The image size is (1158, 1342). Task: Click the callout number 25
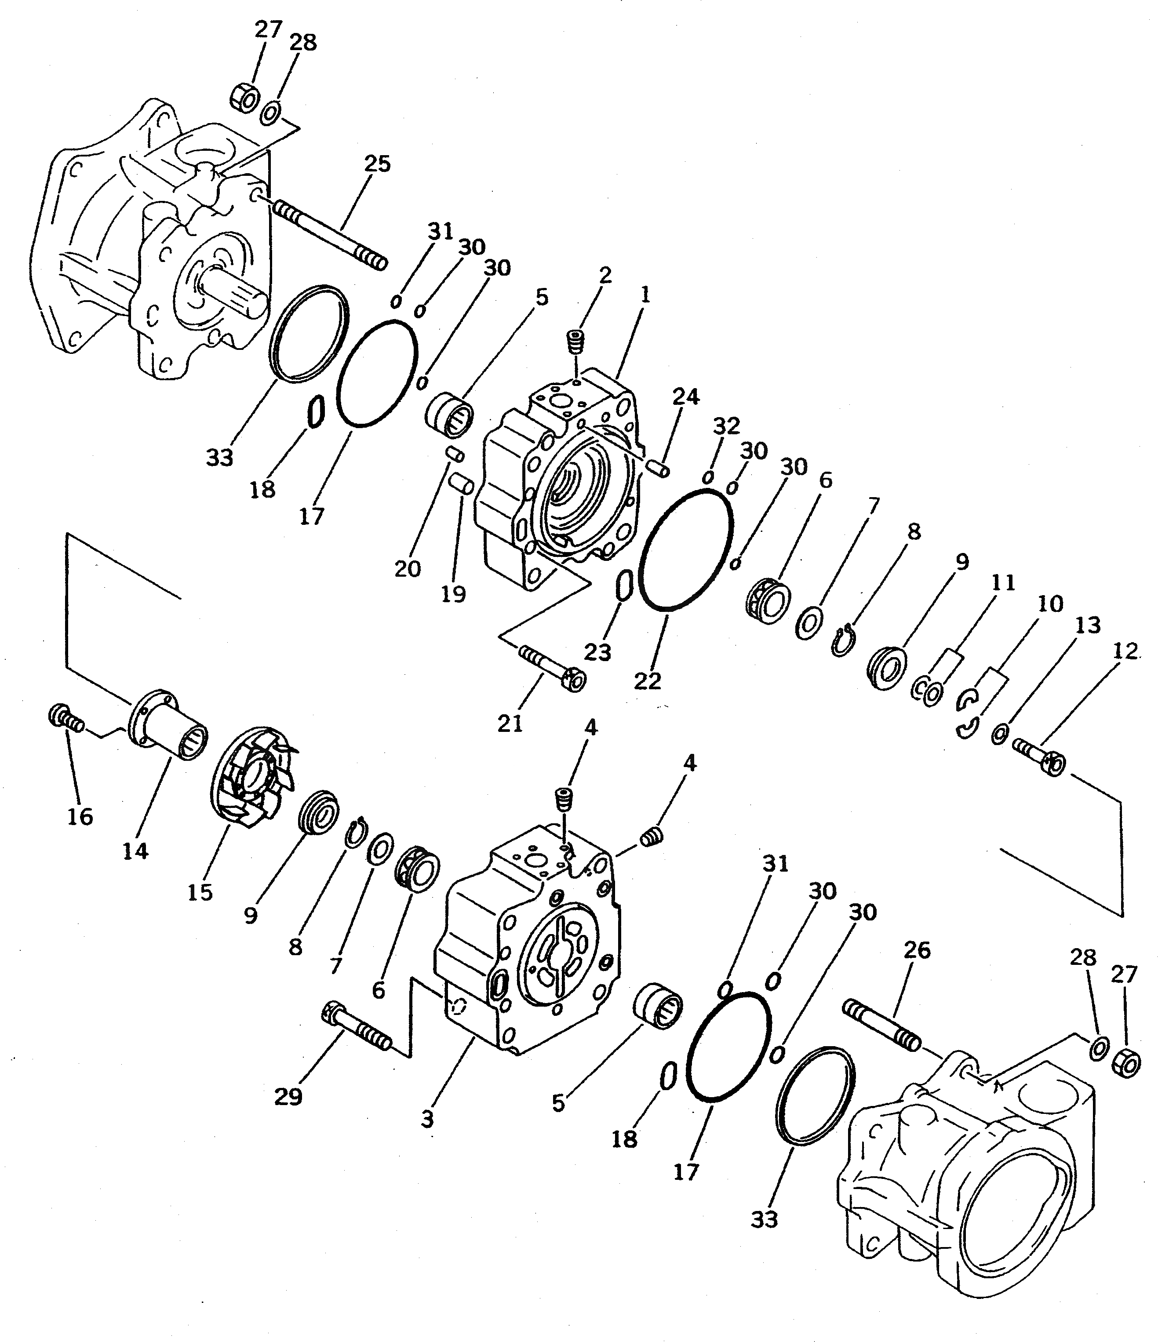point(377,164)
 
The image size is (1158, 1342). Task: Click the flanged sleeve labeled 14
point(170,724)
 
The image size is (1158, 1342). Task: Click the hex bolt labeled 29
point(356,1029)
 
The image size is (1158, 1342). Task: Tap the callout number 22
point(648,681)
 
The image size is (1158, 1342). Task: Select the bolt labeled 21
point(554,670)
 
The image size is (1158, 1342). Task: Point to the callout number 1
point(645,295)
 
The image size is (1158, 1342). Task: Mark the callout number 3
point(427,1119)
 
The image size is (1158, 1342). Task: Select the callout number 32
point(726,426)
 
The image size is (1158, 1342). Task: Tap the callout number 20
point(408,569)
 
